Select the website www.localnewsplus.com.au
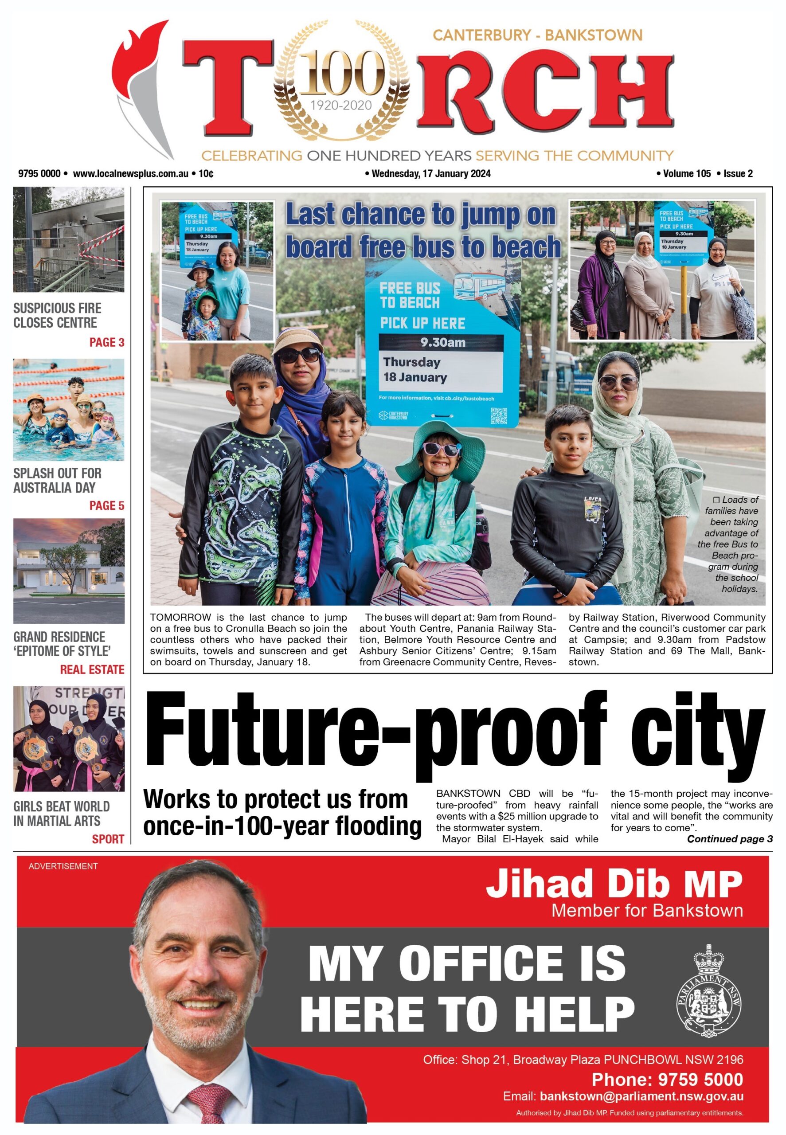(x=130, y=173)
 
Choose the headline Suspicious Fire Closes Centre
(x=57, y=315)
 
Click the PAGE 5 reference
(x=106, y=505)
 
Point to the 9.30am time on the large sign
(x=442, y=342)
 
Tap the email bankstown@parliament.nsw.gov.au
(x=641, y=1096)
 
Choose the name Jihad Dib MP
(x=614, y=884)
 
